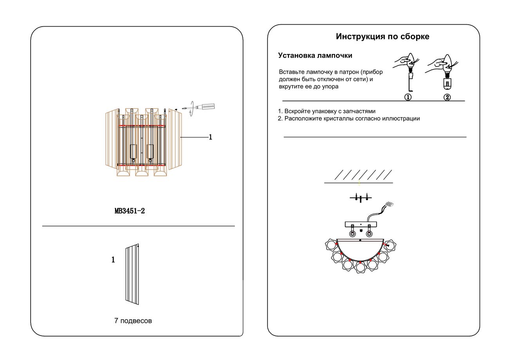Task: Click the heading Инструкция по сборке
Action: coord(382,36)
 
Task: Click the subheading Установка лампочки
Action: coord(315,56)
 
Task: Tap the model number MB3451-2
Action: coord(130,211)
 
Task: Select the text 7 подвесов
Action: coord(133,321)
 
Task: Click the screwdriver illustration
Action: coord(202,107)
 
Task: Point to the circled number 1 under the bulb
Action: coord(408,97)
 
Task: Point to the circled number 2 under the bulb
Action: coord(447,97)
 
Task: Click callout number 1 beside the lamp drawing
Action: coord(210,137)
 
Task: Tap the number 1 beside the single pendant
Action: coord(113,260)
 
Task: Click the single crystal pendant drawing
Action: coord(132,274)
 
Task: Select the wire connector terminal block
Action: coord(389,204)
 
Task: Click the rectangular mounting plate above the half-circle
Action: coord(360,224)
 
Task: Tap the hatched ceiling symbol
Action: coord(359,175)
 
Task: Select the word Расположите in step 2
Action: coord(303,118)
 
